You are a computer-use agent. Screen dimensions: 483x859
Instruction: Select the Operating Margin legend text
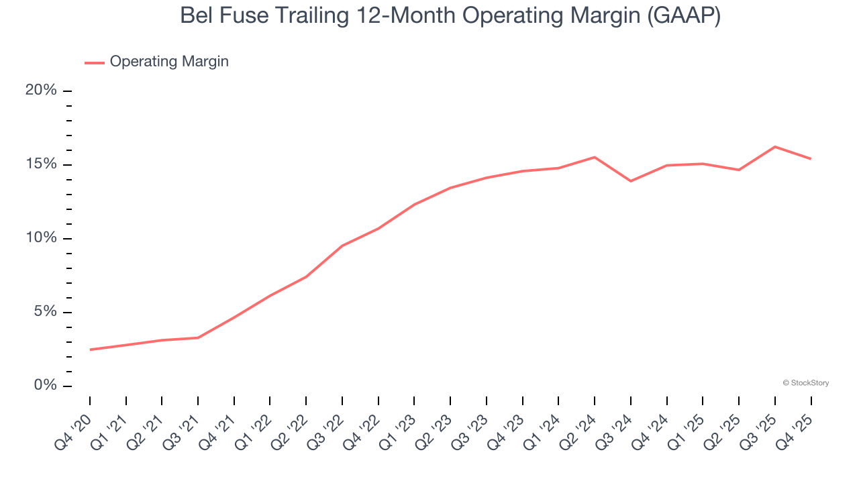click(x=169, y=62)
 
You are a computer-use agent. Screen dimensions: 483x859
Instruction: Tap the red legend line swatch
click(x=94, y=62)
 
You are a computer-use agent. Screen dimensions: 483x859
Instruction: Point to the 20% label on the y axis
click(x=41, y=91)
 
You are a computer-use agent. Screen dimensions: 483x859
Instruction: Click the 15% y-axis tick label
click(x=41, y=164)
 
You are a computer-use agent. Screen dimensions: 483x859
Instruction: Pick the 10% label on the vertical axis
click(x=41, y=238)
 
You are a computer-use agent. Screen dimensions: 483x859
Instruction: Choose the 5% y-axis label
click(x=45, y=312)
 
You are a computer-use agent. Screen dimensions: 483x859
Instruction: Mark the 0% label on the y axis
click(x=45, y=386)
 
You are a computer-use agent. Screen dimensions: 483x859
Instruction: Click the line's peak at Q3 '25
click(x=775, y=146)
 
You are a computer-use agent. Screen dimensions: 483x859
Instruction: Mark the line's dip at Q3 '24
click(x=631, y=181)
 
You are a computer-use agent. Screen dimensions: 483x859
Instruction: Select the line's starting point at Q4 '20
click(x=90, y=350)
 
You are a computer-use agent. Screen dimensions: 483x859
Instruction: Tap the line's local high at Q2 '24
click(x=595, y=157)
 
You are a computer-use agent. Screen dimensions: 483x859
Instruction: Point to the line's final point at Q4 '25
click(x=811, y=159)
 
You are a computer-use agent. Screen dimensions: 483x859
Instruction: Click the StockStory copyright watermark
click(x=805, y=383)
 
